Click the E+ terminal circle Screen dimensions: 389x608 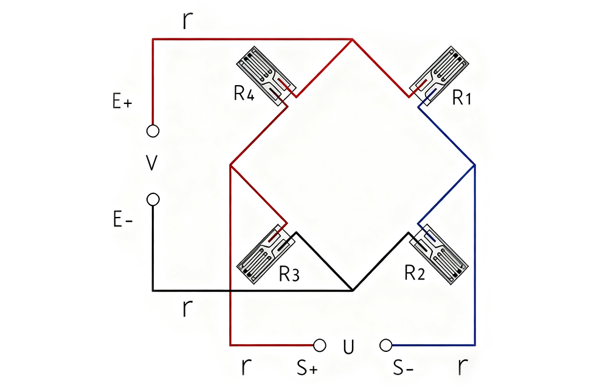pos(153,131)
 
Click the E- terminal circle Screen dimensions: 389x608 pos(153,199)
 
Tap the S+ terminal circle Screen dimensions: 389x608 pos(320,345)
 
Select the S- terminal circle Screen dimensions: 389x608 pos(385,345)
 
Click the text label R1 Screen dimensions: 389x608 pos(463,98)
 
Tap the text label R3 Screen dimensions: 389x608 pos(289,275)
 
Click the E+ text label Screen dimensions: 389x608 pos(122,103)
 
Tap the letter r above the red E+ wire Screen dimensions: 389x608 pos(187,20)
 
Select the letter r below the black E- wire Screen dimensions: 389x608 pos(187,308)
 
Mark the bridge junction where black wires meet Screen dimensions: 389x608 pos(353,291)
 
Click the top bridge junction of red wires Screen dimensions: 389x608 pos(353,40)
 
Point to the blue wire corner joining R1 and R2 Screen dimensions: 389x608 pos(474,165)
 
